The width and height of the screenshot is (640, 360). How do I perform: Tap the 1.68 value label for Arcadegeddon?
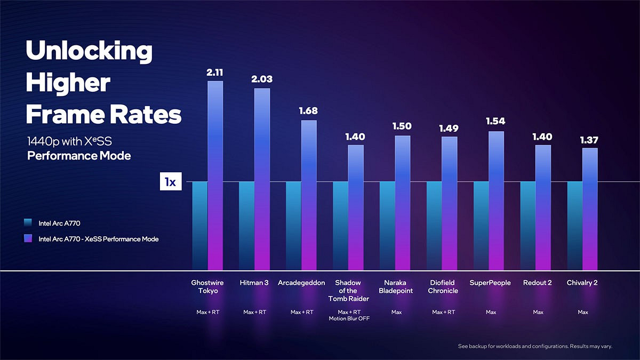309,111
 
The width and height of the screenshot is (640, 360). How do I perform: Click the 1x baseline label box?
171,182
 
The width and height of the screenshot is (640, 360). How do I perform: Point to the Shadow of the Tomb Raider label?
348,291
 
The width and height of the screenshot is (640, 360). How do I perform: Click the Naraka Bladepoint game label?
396,287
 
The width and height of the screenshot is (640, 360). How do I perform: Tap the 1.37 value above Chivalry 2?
589,140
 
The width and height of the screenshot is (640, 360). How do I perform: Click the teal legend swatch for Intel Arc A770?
29,223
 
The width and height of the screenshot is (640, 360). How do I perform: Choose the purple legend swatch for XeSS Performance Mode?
29,239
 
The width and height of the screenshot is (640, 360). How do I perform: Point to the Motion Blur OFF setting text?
349,318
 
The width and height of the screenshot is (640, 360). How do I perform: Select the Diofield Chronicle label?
443,287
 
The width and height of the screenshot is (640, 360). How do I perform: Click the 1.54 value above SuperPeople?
496,122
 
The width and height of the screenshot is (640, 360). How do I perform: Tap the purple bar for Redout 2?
543,207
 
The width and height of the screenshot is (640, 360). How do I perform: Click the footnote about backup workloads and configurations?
535,347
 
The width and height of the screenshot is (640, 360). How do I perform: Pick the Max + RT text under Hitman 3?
255,312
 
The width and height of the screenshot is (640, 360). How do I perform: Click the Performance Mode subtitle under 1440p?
79,156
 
